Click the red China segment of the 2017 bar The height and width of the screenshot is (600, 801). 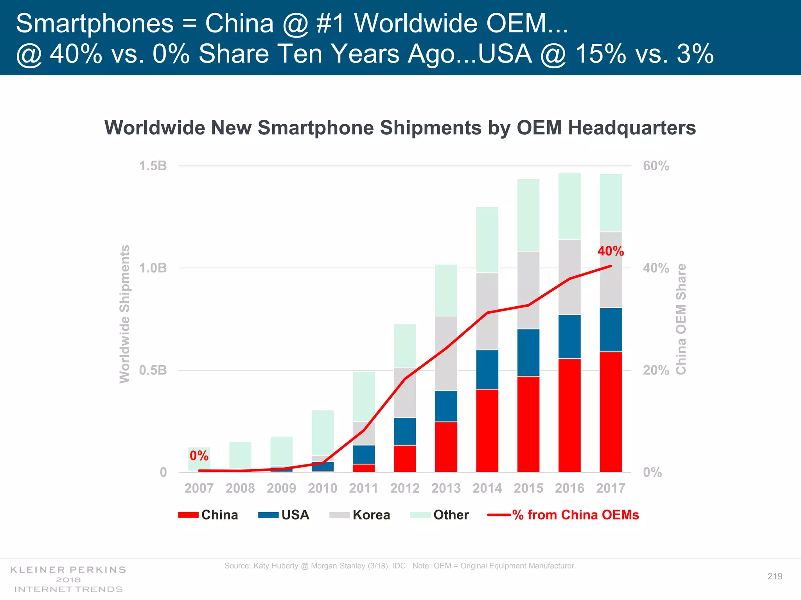[611, 412]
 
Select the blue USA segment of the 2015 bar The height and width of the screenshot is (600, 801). [528, 352]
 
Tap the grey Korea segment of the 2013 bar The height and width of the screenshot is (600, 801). [446, 353]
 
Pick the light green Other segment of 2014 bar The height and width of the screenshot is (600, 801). [487, 239]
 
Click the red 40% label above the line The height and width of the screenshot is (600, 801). [611, 251]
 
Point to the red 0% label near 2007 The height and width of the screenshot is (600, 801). [199, 455]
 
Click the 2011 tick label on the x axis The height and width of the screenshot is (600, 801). [364, 488]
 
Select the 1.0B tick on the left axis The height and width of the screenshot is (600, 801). [153, 268]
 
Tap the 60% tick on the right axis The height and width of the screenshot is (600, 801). [656, 166]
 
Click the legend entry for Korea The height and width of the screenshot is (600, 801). [371, 515]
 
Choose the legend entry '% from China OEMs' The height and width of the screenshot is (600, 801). [575, 515]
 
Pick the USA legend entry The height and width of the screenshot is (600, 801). [295, 515]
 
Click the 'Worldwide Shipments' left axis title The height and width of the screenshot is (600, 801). [124, 314]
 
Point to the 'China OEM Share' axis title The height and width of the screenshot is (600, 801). [681, 319]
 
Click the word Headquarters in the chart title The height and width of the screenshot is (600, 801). [632, 128]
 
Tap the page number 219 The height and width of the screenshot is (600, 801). [775, 576]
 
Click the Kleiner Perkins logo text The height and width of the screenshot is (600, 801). [68, 570]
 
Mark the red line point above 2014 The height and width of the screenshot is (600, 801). [487, 312]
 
